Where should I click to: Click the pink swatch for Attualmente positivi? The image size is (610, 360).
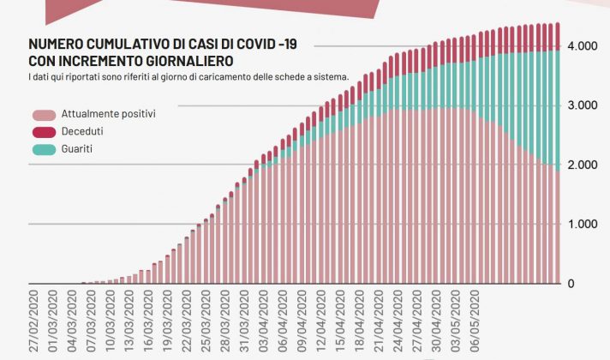tap(44, 114)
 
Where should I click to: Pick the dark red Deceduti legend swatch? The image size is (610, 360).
tap(44, 131)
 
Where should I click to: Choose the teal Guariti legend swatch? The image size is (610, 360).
tap(44, 149)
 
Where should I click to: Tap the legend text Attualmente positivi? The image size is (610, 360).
tap(108, 114)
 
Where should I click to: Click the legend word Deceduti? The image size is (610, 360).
tap(83, 131)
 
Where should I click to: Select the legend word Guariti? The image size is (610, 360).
tap(78, 149)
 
